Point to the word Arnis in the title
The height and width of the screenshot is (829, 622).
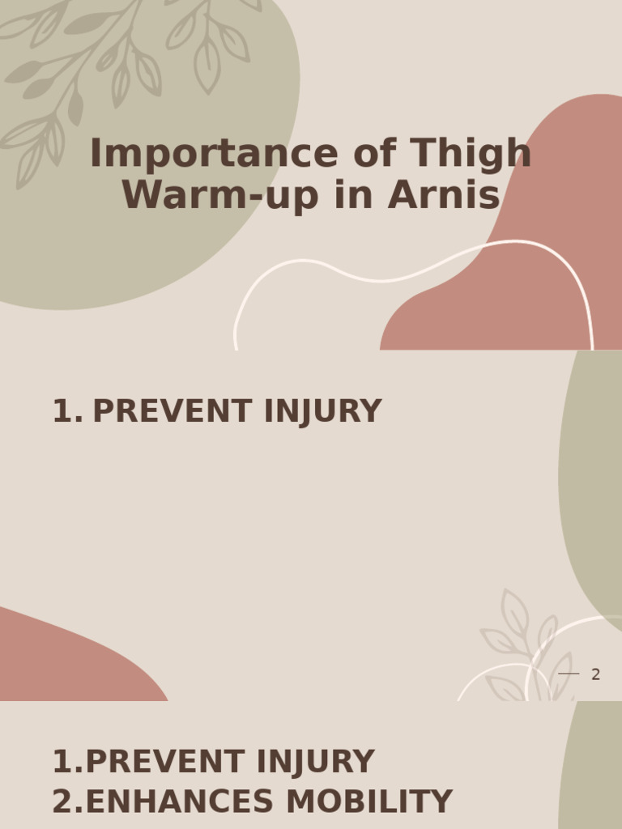click(444, 195)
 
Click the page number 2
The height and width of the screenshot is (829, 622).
click(595, 674)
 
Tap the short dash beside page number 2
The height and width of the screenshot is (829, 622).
click(569, 674)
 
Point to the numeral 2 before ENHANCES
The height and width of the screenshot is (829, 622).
click(62, 802)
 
